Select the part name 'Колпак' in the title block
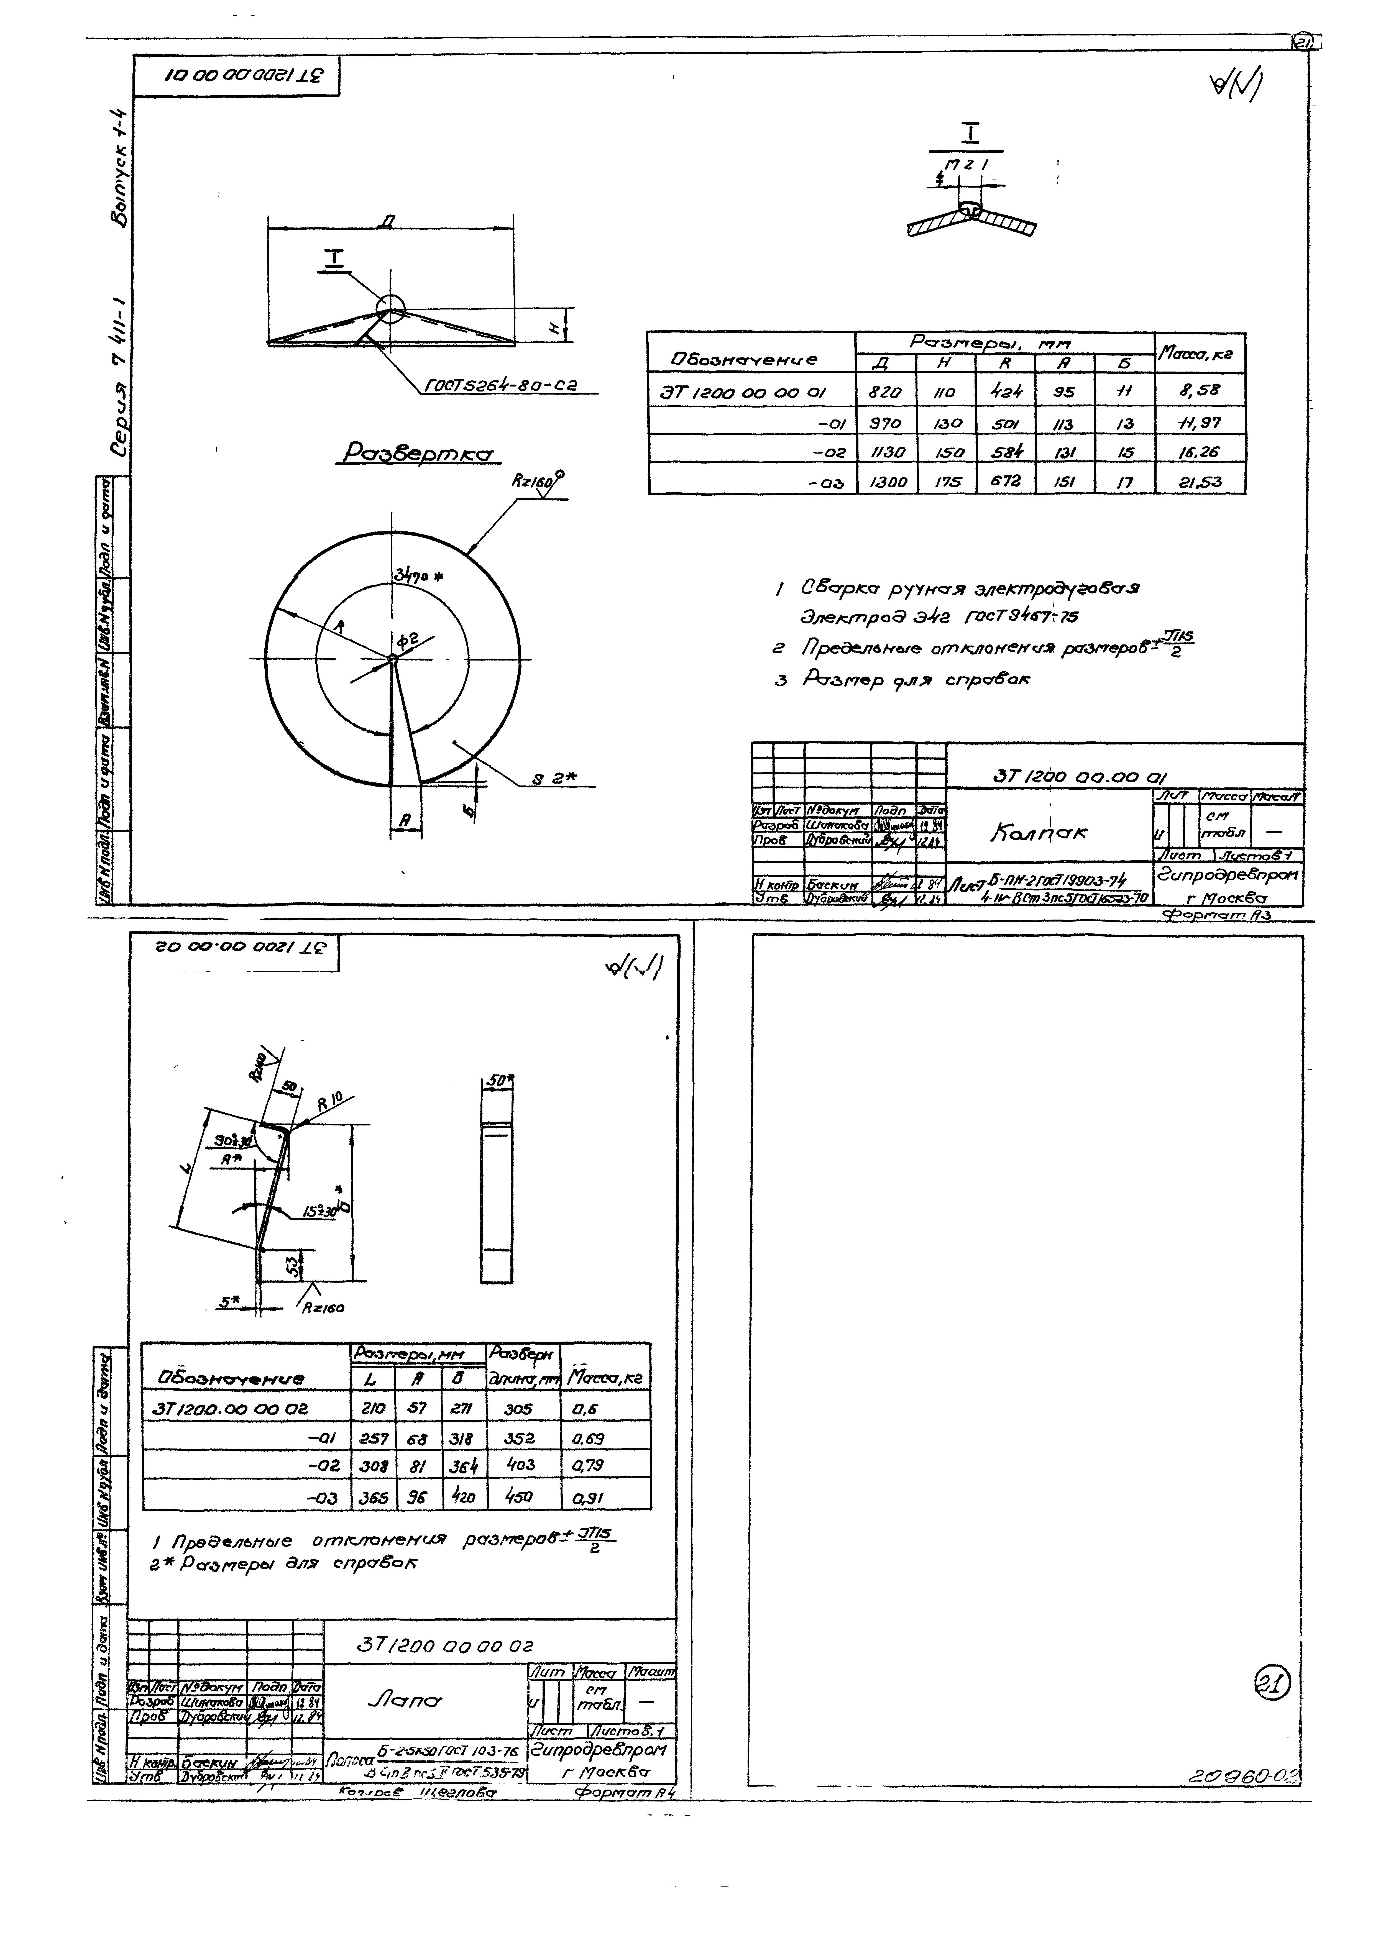point(1039,832)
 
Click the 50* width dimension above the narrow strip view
point(497,1081)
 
